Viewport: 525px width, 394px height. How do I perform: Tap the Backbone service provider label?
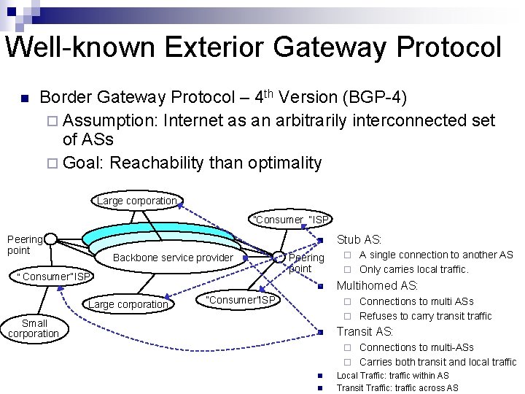(x=173, y=258)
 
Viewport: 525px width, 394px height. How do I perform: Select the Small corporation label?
(x=34, y=328)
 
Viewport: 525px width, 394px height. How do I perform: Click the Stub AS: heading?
(x=359, y=239)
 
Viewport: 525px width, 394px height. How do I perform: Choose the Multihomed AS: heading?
(x=377, y=285)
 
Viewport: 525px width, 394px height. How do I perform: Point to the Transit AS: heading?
(x=365, y=332)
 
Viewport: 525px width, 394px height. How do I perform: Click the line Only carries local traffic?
(x=413, y=269)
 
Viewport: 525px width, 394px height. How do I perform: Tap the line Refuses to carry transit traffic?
(x=425, y=316)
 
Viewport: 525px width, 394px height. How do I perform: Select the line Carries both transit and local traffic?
(x=437, y=362)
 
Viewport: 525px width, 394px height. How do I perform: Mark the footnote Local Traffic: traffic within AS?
(x=392, y=376)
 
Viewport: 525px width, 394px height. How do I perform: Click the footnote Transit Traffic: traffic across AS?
(x=397, y=388)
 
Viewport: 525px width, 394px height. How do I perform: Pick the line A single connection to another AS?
(x=436, y=255)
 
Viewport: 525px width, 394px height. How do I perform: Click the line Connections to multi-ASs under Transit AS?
(x=416, y=347)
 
